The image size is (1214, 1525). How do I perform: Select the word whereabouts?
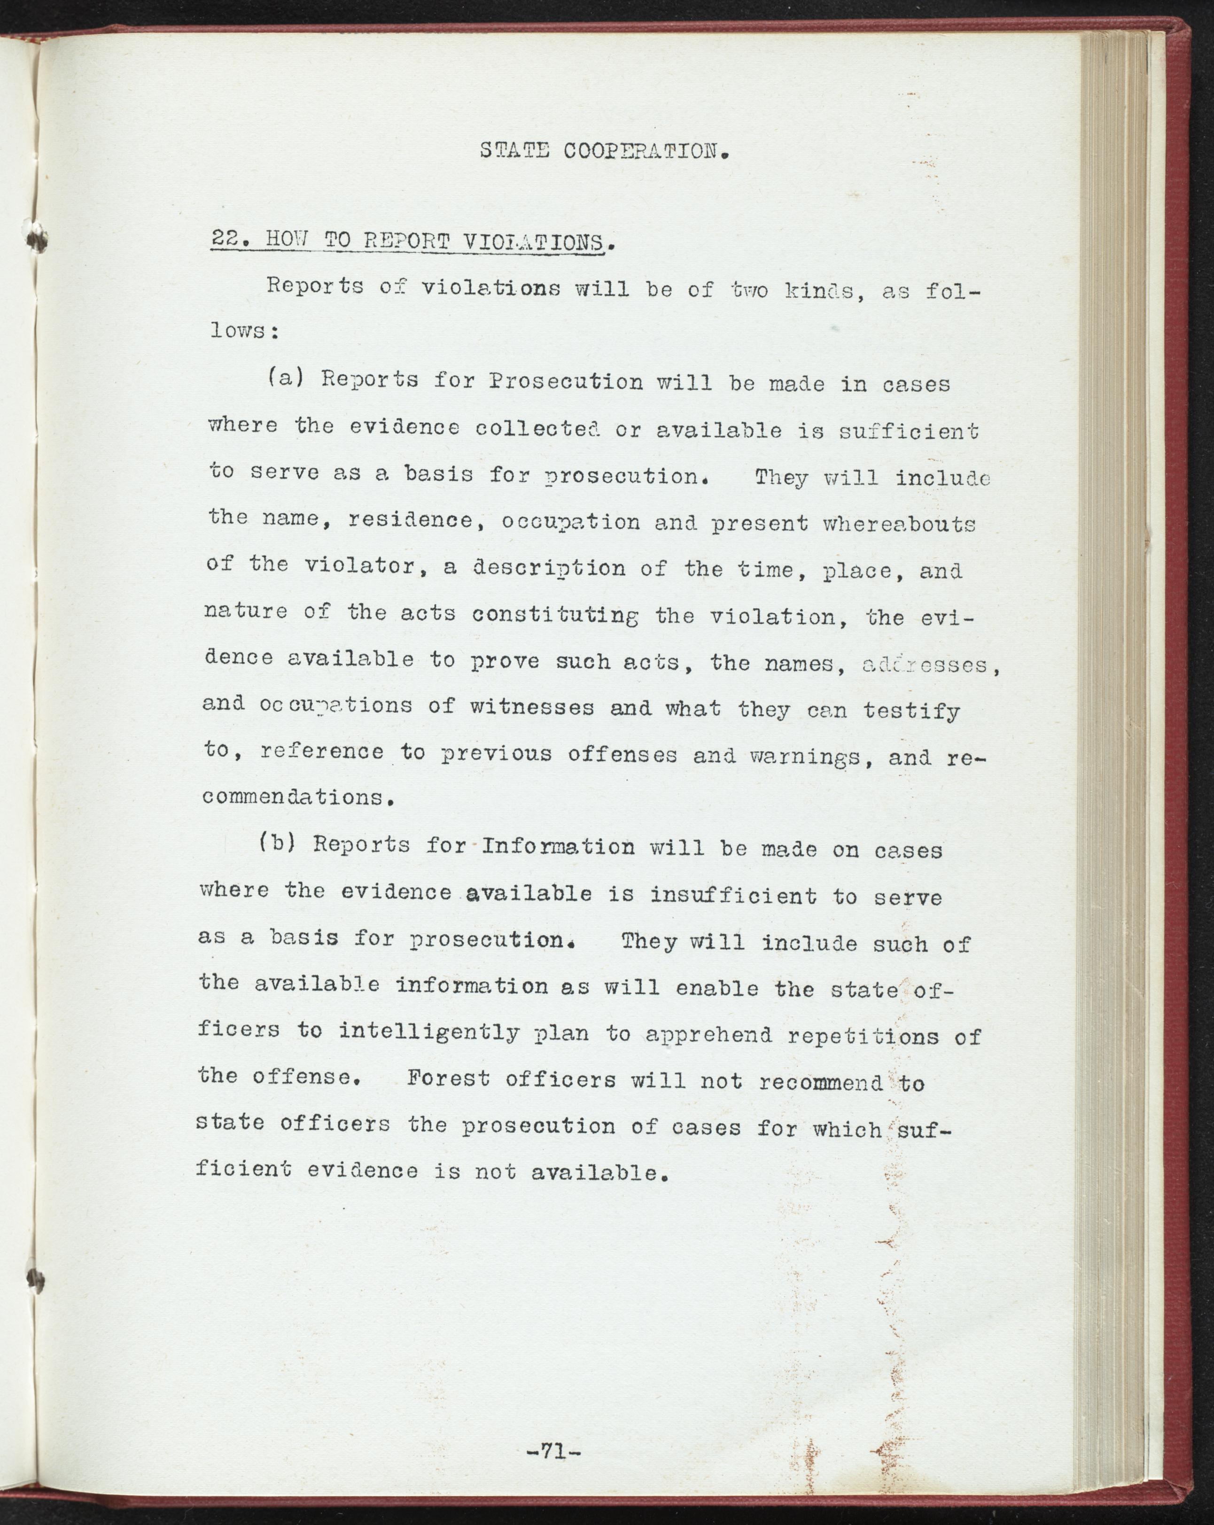(899, 524)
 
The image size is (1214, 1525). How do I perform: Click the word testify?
(911, 710)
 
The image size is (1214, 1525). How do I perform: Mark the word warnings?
(799, 757)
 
